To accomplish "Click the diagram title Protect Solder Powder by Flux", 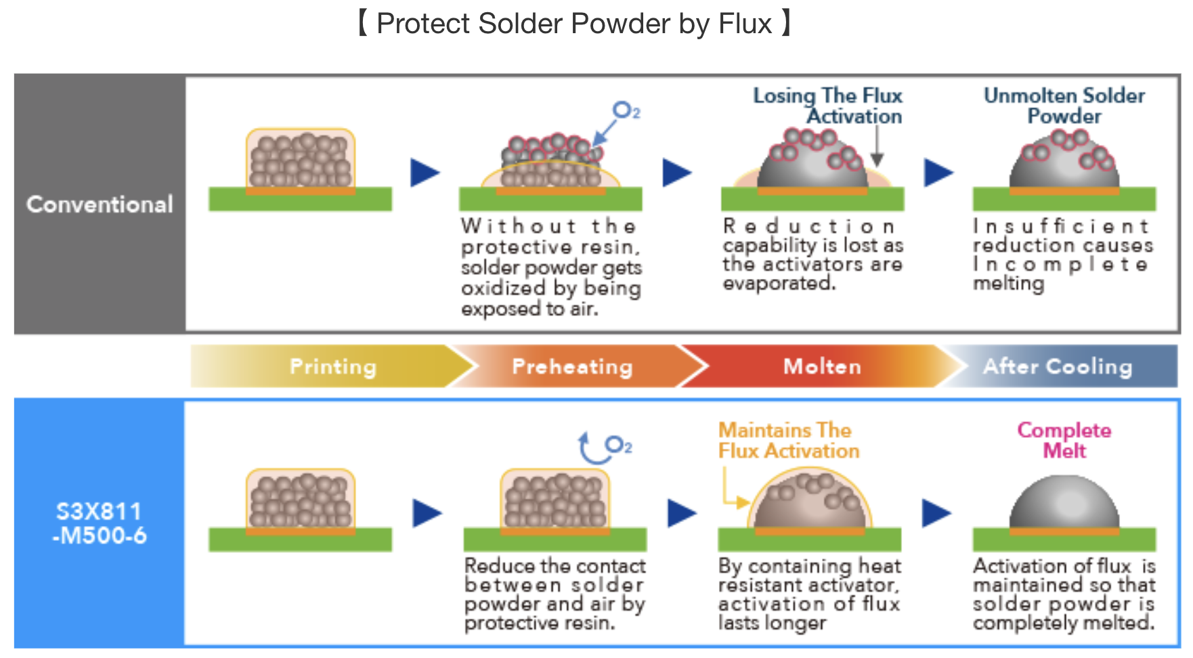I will click(x=574, y=24).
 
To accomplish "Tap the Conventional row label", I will click(x=100, y=204).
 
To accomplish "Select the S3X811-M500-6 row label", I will click(x=100, y=523).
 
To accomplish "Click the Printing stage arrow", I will click(x=332, y=366).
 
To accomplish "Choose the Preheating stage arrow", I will click(x=572, y=366).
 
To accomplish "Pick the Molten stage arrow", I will click(x=821, y=366).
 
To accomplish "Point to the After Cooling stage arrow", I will click(x=1058, y=366).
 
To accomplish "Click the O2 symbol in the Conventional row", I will click(x=626, y=110).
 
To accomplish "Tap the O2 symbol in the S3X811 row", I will click(x=618, y=445).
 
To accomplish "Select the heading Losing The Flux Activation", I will click(x=827, y=106).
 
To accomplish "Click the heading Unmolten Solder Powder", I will click(x=1064, y=106).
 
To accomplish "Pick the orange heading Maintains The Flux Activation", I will click(x=788, y=440).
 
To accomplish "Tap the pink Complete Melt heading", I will click(x=1064, y=440).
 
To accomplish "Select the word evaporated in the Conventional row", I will click(x=779, y=283).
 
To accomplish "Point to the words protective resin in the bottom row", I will click(x=539, y=622).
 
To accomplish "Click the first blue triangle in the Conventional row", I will click(x=425, y=173).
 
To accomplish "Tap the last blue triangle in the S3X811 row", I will click(x=936, y=512).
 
